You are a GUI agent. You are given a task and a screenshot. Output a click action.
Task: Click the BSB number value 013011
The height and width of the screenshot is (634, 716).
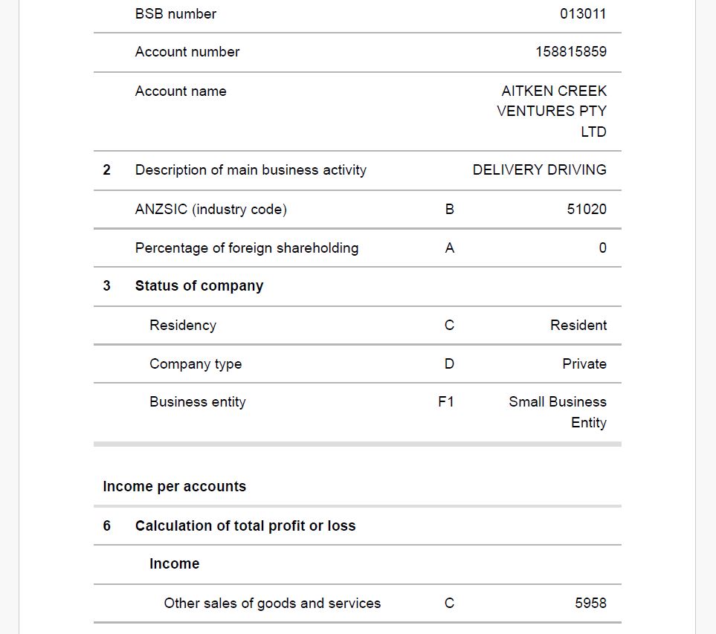pos(583,14)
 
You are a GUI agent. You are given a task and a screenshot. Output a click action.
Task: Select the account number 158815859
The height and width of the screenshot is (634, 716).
pos(570,52)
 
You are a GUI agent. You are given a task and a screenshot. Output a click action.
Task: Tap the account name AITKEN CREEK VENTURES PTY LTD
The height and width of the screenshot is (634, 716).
pos(552,111)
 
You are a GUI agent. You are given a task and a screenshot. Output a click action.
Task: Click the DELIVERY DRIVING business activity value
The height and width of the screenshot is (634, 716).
pos(539,170)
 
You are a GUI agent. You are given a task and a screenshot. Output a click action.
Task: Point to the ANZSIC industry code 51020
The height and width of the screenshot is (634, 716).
pos(587,210)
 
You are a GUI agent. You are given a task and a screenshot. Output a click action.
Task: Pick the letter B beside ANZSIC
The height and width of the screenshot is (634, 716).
pos(449,210)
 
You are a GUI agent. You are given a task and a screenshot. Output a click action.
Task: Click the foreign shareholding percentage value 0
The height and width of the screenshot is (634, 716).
pos(602,248)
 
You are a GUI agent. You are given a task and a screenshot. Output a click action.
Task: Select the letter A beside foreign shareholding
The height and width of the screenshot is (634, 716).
pos(449,248)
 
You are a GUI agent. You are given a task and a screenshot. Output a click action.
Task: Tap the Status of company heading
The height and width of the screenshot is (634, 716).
pos(199,286)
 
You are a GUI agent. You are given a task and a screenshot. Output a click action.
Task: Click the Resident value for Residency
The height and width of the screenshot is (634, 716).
pos(578,326)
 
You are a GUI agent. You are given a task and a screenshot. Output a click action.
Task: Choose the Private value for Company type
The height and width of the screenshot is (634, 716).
pos(584,364)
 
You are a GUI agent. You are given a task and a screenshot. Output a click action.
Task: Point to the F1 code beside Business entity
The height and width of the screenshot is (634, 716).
pos(446,402)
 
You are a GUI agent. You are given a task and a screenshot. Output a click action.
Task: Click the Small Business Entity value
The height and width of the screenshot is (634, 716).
pos(558,412)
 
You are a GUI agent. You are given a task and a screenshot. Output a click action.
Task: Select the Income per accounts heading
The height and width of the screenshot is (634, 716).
pos(174,487)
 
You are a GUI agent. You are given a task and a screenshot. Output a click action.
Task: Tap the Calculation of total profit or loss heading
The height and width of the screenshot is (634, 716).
pos(245,526)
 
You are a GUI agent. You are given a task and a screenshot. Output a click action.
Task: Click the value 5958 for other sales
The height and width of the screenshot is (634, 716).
pos(590,604)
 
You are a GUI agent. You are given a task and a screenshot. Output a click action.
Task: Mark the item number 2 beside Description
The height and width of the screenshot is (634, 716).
pos(106,170)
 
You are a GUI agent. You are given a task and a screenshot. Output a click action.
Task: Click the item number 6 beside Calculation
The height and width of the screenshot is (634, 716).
pos(106,526)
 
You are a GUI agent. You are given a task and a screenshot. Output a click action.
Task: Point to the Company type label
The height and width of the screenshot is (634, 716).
pos(195,364)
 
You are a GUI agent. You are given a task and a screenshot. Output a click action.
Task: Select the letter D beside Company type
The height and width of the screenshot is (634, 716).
pos(449,364)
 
